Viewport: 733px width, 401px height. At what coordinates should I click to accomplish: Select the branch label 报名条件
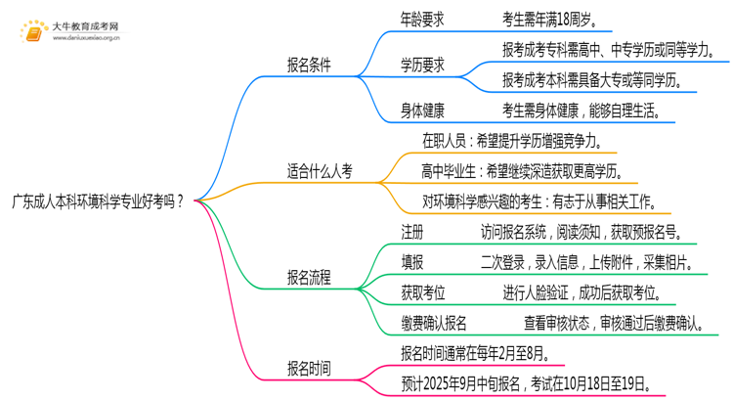(308, 65)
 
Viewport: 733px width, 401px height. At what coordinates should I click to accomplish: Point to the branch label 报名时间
(308, 369)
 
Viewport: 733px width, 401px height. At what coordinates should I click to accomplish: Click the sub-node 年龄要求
(424, 18)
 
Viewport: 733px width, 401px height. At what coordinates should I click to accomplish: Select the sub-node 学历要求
(422, 65)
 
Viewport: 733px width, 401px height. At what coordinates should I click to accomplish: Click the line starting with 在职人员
(519, 141)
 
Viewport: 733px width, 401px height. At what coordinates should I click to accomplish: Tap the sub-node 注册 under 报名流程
(412, 232)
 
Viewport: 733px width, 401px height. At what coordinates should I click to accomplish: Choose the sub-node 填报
(412, 262)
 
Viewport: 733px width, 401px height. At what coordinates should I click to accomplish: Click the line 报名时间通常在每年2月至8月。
(481, 352)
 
